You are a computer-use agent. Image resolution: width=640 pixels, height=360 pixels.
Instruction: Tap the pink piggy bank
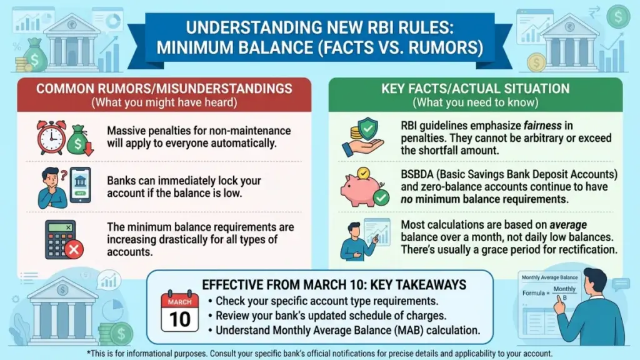(362, 187)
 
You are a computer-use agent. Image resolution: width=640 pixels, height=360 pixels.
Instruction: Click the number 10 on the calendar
(180, 319)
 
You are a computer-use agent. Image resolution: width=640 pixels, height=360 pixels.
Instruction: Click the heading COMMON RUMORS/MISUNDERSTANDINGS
(164, 88)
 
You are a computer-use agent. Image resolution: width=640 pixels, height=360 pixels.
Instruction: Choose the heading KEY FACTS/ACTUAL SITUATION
(475, 88)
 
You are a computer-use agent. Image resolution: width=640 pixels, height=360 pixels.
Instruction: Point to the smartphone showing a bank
(79, 184)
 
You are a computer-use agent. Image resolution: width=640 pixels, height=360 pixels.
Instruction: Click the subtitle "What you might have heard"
(164, 102)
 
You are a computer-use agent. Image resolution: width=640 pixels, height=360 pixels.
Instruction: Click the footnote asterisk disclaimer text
(320, 352)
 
